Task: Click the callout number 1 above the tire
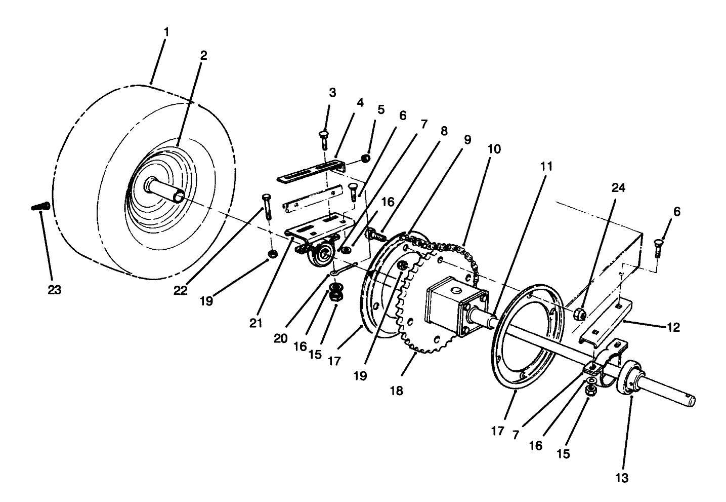[166, 32]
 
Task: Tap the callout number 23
[54, 290]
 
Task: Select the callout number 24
[619, 188]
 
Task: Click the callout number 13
[622, 478]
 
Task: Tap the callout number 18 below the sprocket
[397, 391]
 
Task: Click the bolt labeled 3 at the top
[324, 138]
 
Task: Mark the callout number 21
[256, 323]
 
